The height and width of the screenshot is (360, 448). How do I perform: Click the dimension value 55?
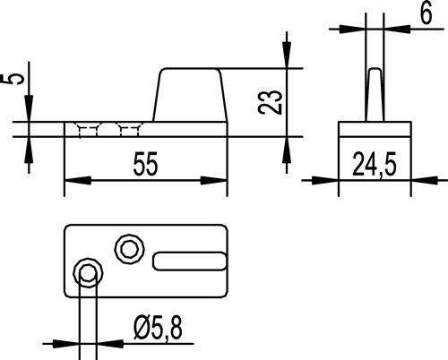[145, 164]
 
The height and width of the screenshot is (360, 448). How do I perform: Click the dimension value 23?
[270, 102]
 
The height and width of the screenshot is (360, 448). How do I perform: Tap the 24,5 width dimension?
[375, 164]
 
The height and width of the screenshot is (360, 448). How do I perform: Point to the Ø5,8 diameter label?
[158, 328]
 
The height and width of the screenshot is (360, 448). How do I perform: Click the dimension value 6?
[426, 13]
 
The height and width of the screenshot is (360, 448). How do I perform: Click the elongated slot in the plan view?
[190, 261]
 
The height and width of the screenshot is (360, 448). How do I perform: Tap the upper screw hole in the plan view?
[130, 249]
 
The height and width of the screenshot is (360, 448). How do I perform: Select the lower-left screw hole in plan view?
[88, 273]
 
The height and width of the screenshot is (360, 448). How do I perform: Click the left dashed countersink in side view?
[88, 130]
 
